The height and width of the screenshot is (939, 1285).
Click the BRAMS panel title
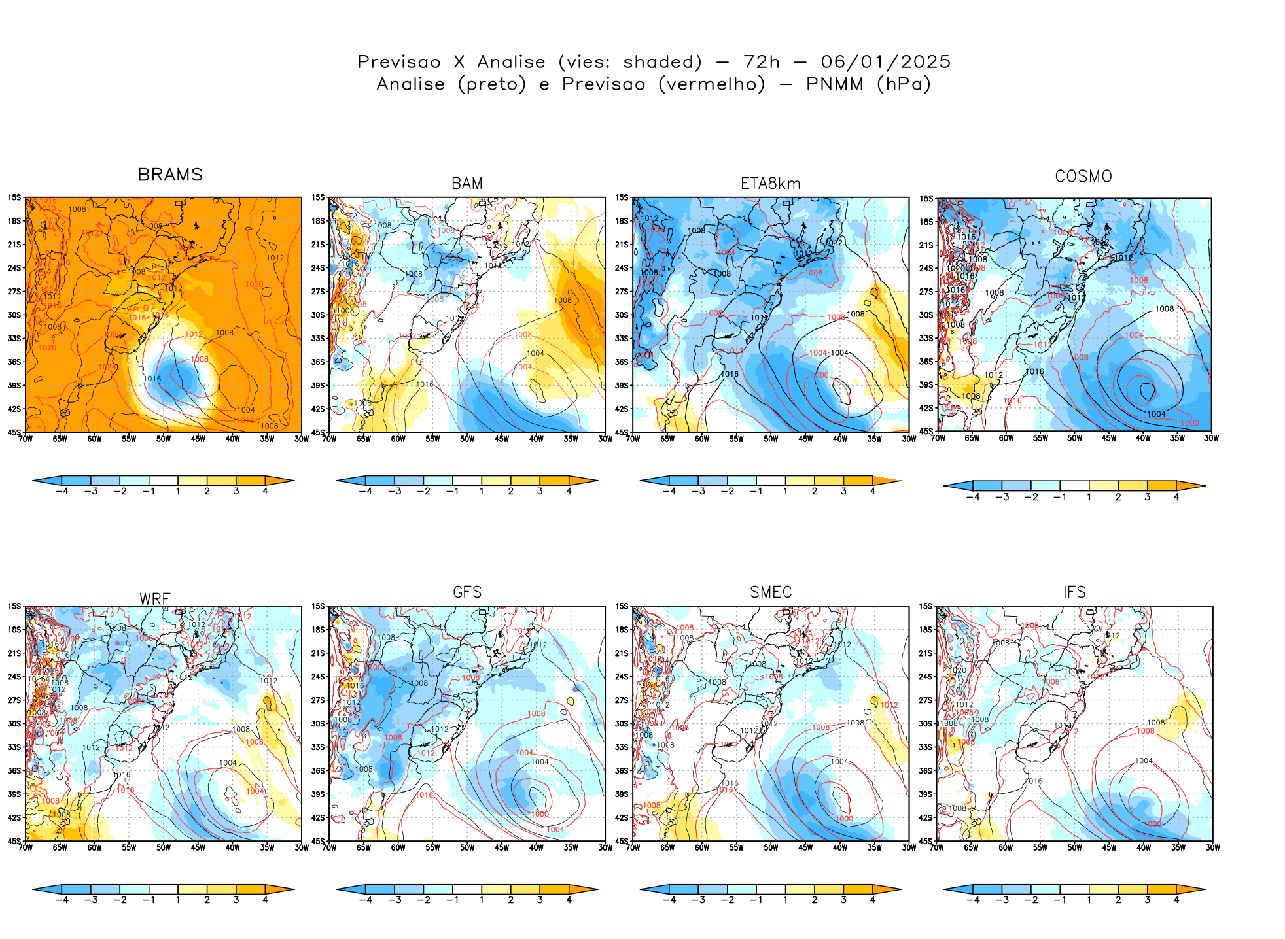point(170,175)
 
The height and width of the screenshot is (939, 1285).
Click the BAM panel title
point(467,184)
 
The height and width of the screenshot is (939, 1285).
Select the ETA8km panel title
point(770,184)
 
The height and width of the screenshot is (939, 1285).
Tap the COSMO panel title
point(1083,177)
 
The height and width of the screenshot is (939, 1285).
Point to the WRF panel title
point(155,599)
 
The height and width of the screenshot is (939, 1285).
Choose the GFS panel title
point(467,592)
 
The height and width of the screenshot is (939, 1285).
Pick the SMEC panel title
point(771,592)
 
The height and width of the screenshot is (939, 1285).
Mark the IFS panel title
point(1074,592)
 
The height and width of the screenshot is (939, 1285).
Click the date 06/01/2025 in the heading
point(885,62)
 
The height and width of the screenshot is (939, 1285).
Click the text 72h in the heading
point(762,62)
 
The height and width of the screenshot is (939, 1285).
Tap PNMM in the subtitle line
point(834,84)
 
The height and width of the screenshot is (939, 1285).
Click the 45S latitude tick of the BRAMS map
point(14,432)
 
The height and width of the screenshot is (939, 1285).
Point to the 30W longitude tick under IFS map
point(1212,848)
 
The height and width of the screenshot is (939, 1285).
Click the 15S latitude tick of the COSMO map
point(926,199)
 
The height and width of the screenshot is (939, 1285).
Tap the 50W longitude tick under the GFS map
point(466,848)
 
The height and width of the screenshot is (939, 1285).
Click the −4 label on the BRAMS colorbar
point(62,492)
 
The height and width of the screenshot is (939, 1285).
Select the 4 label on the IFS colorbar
point(1176,900)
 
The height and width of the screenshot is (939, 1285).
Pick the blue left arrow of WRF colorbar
point(46,889)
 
